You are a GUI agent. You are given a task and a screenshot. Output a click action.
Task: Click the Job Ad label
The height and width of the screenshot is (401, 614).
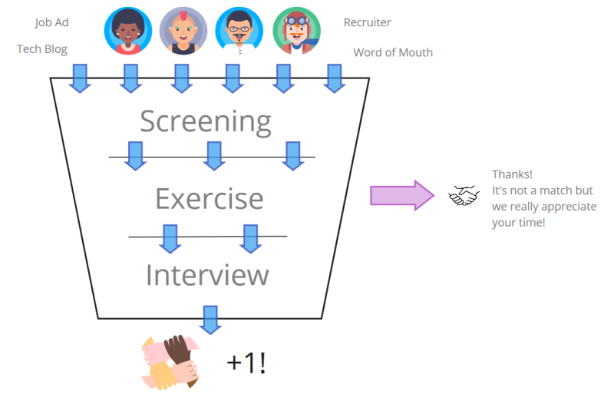click(x=51, y=22)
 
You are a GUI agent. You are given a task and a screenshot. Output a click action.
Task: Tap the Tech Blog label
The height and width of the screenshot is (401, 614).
click(x=42, y=49)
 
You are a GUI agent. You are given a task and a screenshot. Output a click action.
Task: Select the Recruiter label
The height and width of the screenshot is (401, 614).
click(x=367, y=22)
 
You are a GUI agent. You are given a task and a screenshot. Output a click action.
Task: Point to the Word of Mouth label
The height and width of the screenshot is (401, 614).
click(x=392, y=52)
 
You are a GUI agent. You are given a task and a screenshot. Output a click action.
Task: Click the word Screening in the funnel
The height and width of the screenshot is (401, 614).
click(x=206, y=121)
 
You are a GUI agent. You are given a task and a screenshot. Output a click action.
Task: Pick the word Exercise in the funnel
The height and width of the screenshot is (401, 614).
click(x=209, y=198)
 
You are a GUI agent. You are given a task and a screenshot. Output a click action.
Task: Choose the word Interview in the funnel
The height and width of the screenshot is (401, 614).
click(x=207, y=275)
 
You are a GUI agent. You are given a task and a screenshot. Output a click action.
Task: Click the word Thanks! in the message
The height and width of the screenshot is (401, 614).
click(x=512, y=174)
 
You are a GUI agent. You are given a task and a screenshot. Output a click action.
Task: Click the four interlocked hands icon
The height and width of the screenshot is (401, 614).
click(x=170, y=361)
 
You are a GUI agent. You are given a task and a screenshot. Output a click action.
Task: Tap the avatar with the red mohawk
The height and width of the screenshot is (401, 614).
click(x=183, y=31)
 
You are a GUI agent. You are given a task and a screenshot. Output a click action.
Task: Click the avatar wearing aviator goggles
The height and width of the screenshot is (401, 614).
click(x=296, y=31)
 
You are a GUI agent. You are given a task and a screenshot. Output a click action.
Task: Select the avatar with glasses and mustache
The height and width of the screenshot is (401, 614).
click(x=239, y=31)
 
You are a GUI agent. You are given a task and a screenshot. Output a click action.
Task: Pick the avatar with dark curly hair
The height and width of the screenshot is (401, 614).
click(x=127, y=31)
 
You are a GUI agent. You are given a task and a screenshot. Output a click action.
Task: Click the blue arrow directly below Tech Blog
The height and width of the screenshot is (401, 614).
click(x=81, y=78)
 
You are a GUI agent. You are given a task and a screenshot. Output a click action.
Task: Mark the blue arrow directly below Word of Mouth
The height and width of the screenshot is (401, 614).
click(x=334, y=78)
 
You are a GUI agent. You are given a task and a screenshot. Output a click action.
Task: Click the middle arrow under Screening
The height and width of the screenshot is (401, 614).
click(x=214, y=155)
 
